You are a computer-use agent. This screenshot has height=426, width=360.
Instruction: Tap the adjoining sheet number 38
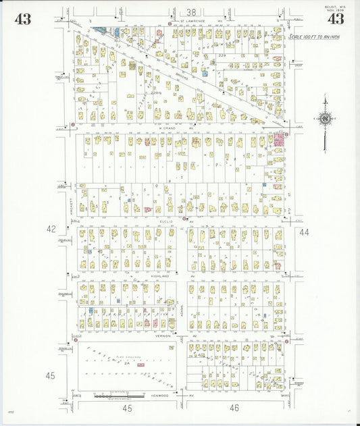192,12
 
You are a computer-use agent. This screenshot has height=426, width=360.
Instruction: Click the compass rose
325,119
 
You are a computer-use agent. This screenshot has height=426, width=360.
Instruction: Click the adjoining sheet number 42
51,230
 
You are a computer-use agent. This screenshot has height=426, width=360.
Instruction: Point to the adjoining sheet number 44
303,232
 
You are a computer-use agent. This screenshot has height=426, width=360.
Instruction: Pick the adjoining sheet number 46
234,408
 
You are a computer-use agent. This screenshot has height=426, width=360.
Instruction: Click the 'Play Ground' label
127,356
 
